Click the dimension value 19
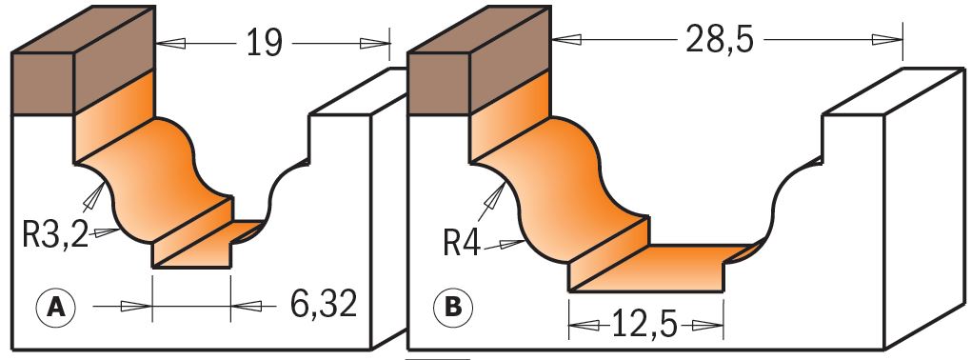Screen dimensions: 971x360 tap(265, 44)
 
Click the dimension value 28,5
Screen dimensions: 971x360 tap(719, 40)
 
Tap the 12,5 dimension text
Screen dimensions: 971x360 tap(645, 324)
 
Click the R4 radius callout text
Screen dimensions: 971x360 tap(462, 245)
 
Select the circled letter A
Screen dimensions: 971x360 tap(56, 306)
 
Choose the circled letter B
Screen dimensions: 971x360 tap(453, 307)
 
